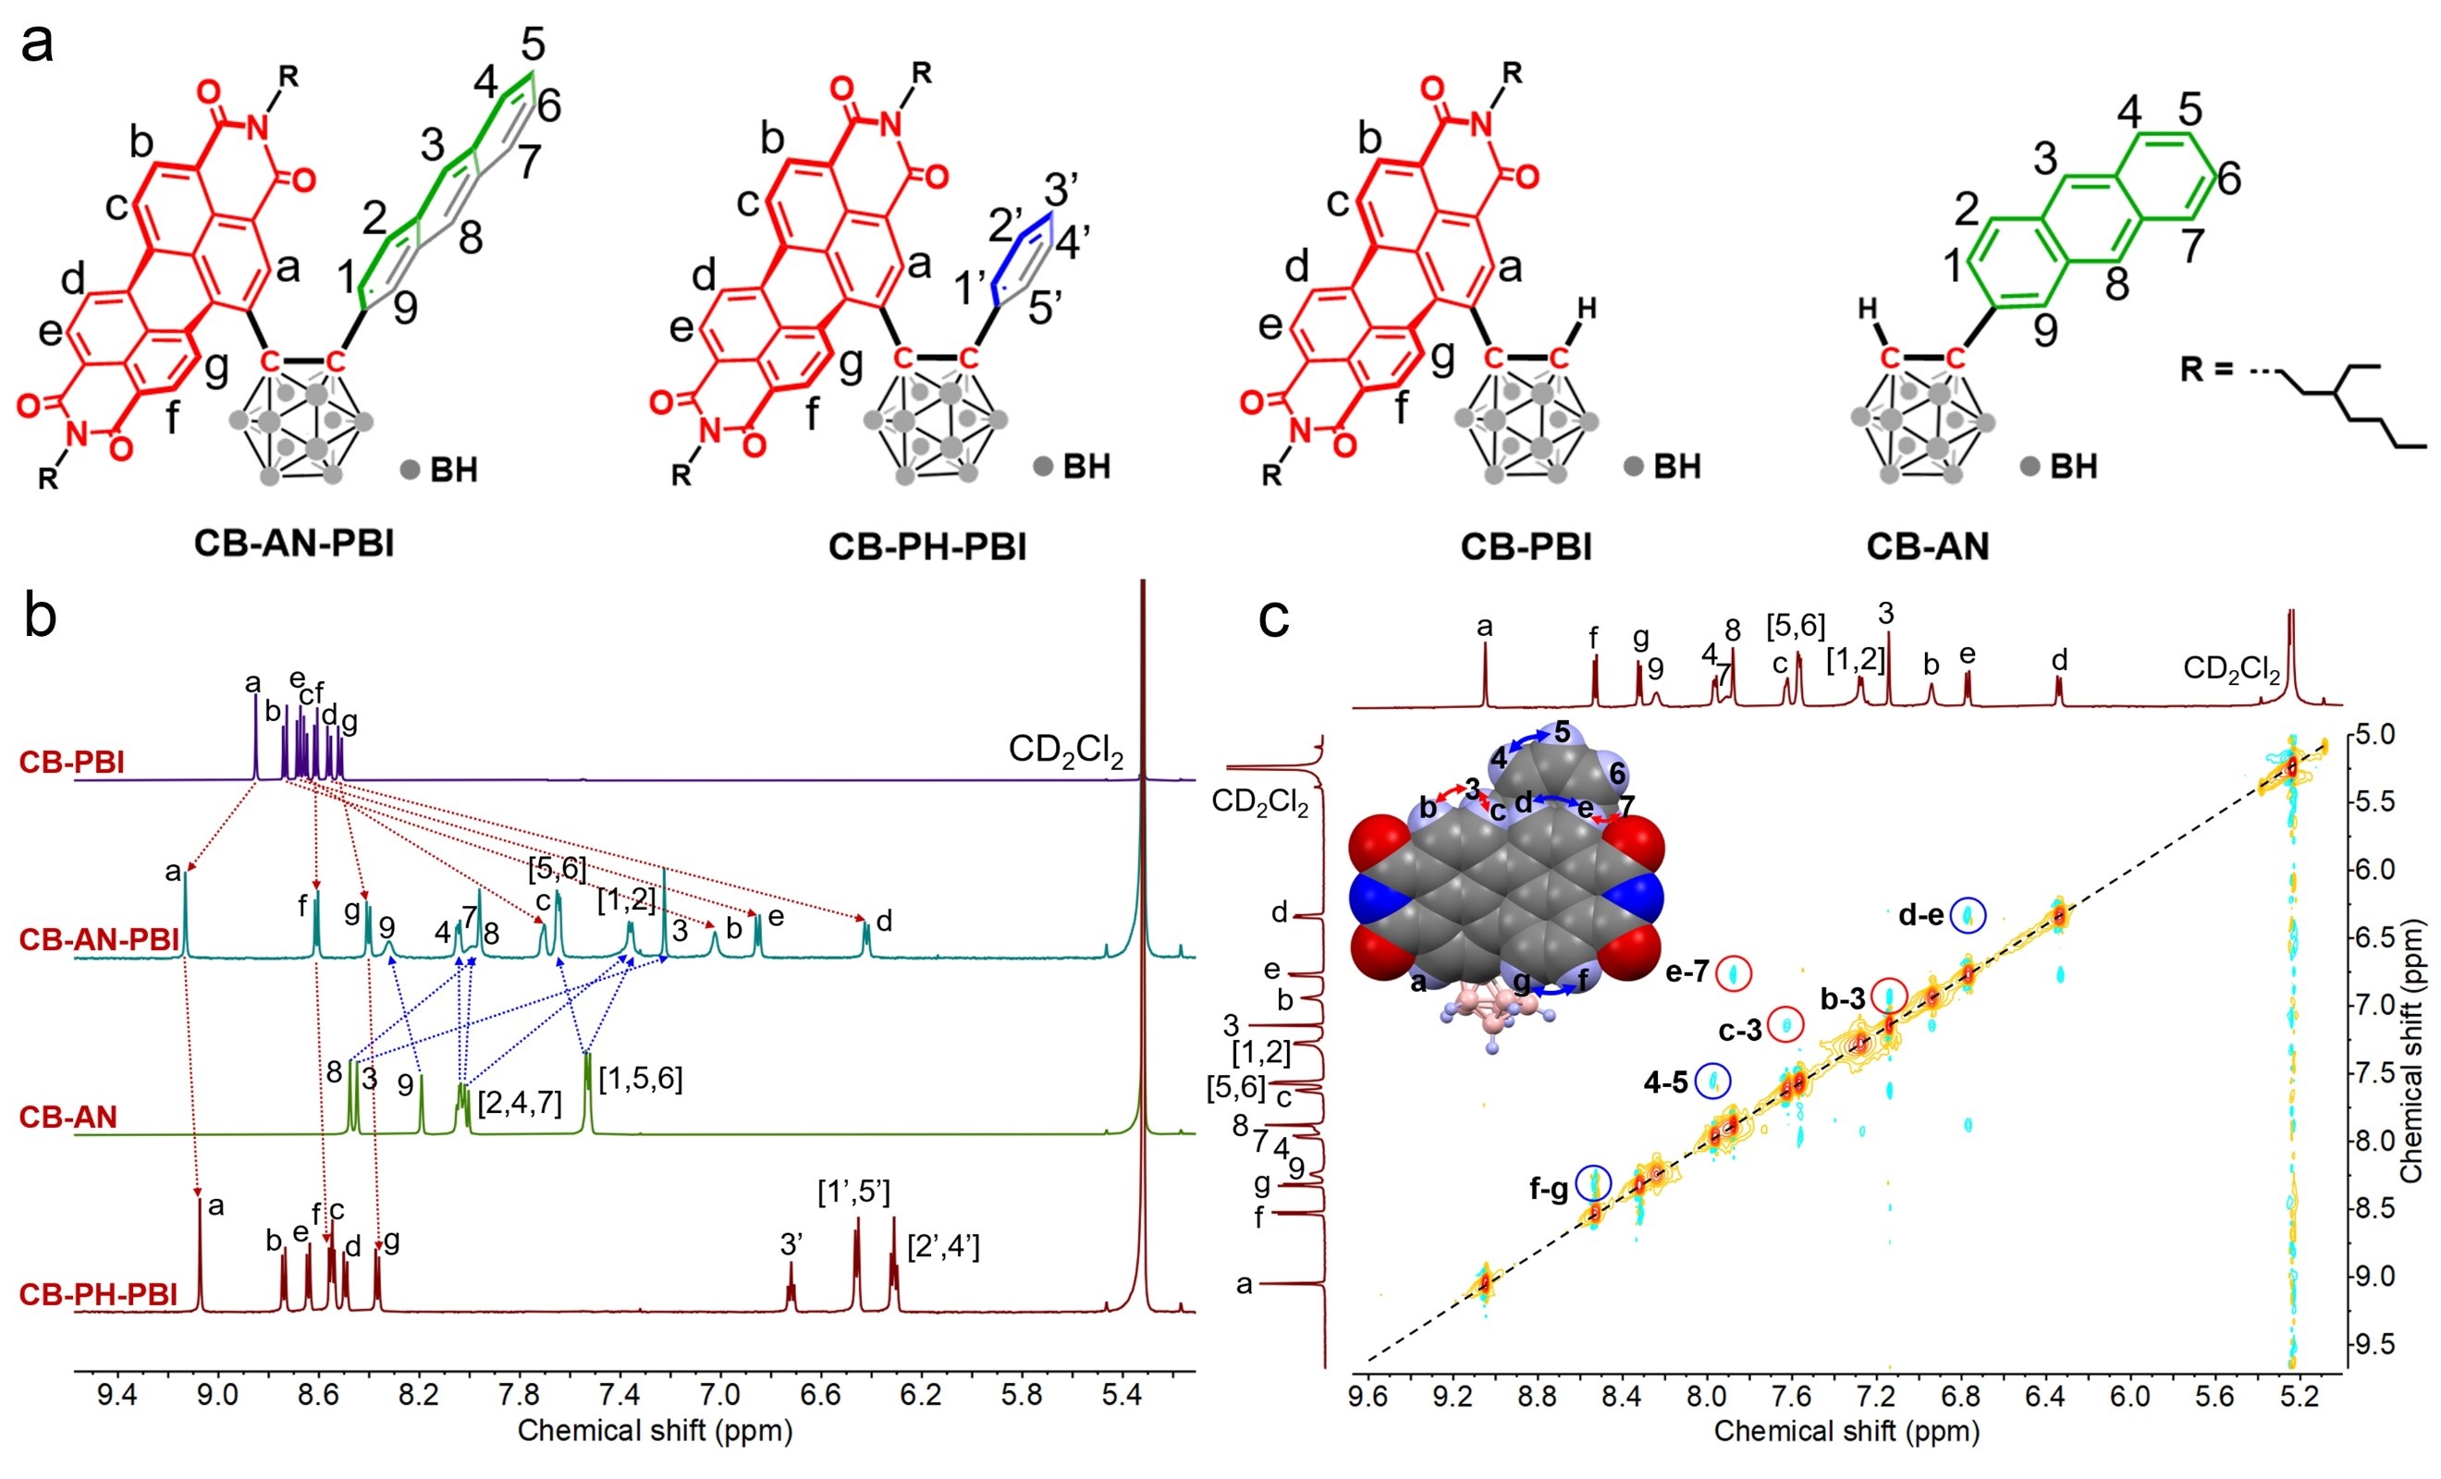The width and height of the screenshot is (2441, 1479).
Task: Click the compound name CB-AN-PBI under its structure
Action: click(x=294, y=544)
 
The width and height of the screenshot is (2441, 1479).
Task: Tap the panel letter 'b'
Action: click(x=40, y=617)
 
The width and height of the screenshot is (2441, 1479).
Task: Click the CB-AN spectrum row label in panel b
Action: click(x=68, y=1117)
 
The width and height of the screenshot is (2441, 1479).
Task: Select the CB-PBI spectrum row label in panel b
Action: click(x=72, y=762)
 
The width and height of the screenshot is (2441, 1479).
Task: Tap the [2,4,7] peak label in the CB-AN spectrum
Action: click(x=519, y=1103)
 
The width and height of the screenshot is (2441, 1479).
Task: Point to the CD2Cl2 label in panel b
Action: click(x=1066, y=751)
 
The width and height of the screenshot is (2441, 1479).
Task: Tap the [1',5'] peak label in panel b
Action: click(x=854, y=1192)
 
